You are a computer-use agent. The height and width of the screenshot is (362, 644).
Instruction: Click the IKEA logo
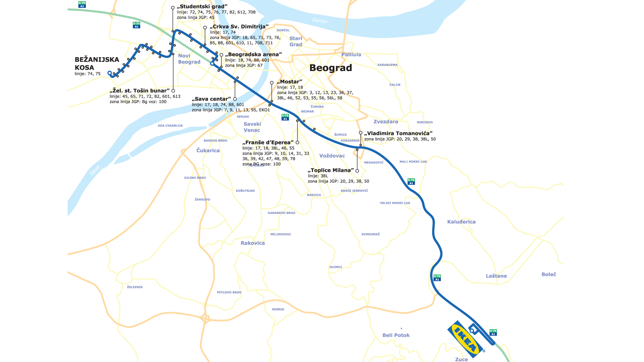465,339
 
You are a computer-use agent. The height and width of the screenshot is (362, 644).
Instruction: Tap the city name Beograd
330,68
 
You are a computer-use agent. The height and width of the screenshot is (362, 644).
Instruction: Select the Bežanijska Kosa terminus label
97,63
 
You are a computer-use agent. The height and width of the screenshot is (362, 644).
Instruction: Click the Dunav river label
320,20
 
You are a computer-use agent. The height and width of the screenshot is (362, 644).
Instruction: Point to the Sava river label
95,170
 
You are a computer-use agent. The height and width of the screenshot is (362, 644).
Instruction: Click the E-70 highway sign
82,4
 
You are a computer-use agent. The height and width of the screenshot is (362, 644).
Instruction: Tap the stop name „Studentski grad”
202,7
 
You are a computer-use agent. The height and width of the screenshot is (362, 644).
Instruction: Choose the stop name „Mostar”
289,82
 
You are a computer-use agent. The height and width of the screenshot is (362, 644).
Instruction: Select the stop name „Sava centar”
211,99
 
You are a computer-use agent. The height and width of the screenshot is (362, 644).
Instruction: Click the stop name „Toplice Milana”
331,170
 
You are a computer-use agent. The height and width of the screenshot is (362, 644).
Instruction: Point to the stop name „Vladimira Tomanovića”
398,133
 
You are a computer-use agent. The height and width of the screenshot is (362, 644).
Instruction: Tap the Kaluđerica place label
461,222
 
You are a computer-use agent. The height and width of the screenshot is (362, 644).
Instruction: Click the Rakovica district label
253,243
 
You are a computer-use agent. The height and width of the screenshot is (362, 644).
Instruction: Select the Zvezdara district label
386,122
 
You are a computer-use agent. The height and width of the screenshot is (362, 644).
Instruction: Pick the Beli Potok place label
396,335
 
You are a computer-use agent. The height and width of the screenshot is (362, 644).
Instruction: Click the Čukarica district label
208,151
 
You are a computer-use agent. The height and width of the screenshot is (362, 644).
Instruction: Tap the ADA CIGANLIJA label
170,126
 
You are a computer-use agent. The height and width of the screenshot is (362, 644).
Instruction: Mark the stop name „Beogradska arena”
253,54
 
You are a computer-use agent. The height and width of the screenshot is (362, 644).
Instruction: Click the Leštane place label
496,276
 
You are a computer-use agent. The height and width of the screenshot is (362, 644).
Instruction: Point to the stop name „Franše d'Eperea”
268,143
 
